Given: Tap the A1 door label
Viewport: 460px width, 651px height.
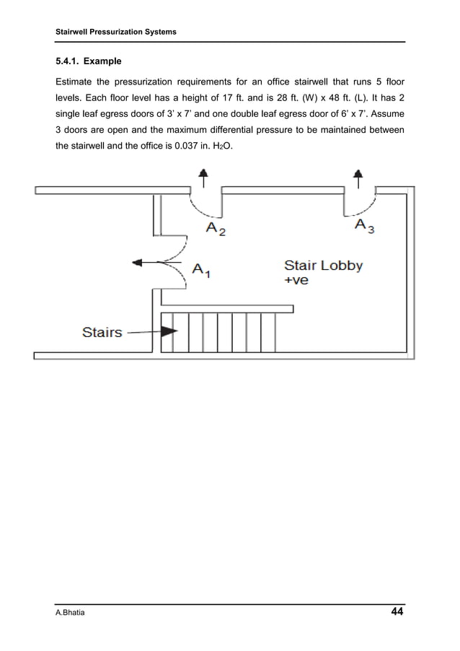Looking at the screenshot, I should pos(201,270).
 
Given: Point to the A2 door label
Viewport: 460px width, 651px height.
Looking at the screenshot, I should pos(216,229).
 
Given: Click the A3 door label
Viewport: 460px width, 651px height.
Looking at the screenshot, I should pos(364,226).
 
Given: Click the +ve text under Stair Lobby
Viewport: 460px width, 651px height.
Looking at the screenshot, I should pos(296,280).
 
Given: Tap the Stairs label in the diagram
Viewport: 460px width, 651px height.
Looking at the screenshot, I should pos(102,333).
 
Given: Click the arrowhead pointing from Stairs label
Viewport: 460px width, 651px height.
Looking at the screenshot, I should pos(169,333).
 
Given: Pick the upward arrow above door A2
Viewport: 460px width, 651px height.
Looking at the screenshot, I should pos(204,177).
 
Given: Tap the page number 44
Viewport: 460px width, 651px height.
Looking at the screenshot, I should pos(396,613).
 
